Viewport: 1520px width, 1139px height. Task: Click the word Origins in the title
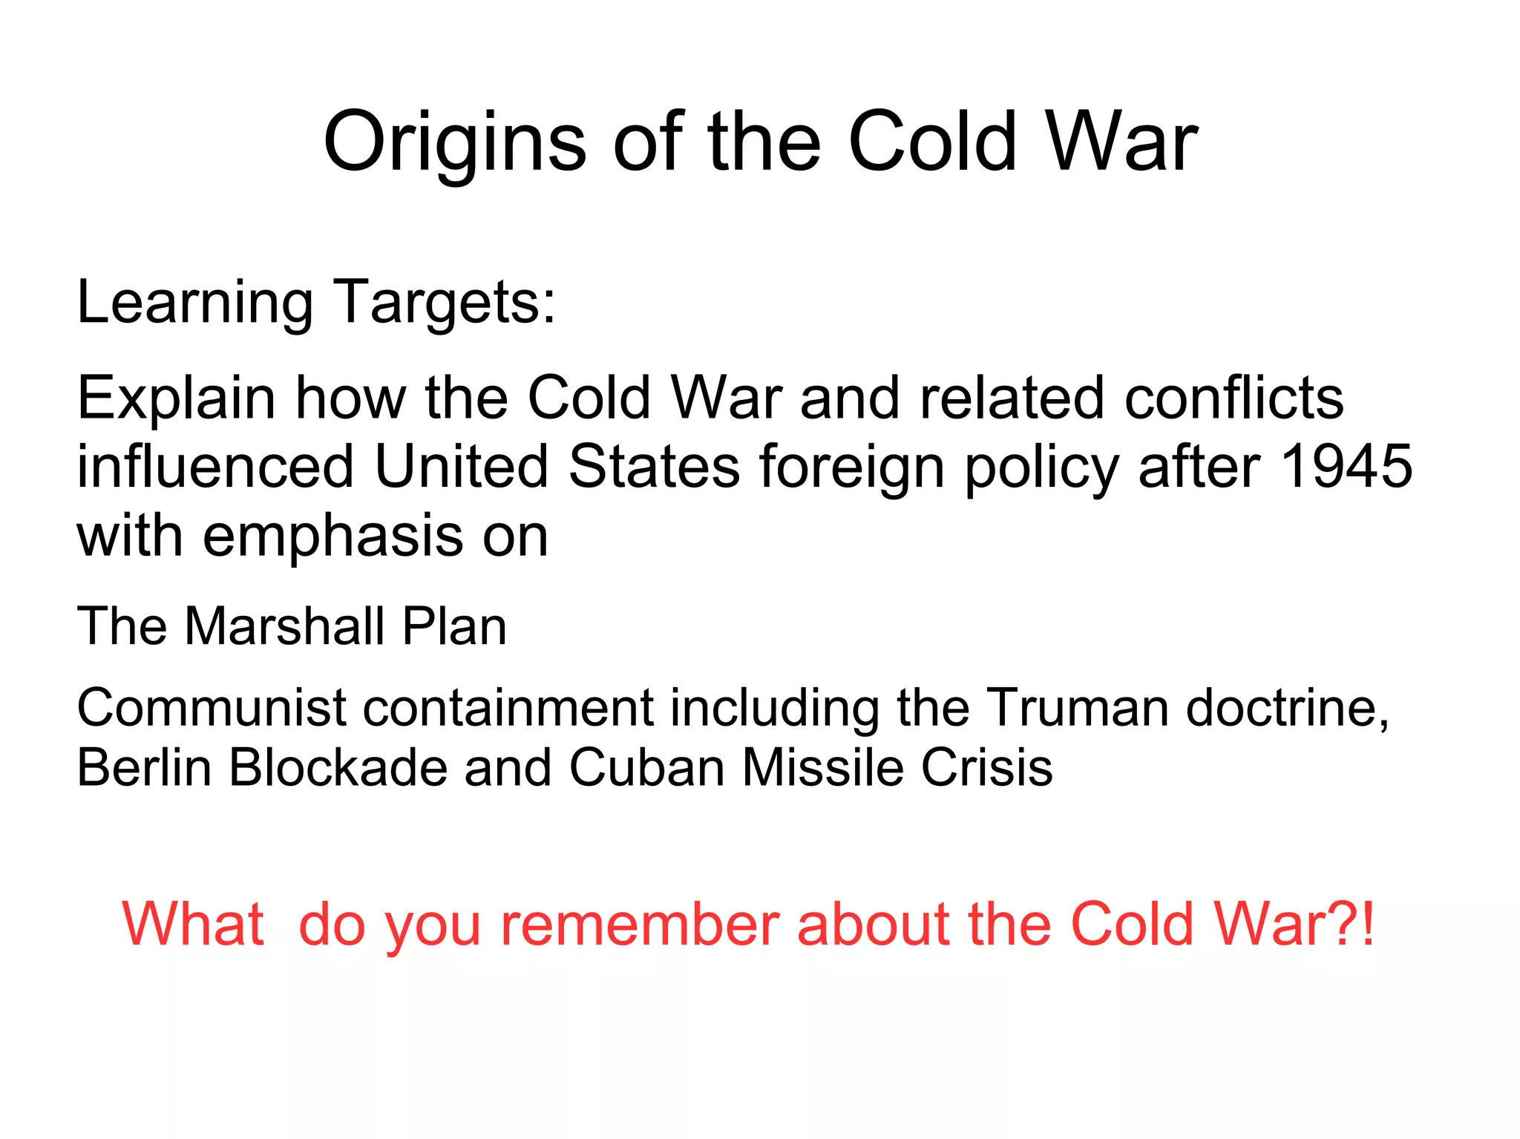click(x=455, y=142)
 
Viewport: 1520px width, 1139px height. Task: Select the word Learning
click(x=194, y=303)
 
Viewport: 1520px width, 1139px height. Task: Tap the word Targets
click(x=444, y=303)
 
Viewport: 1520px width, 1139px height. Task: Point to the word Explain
click(x=177, y=398)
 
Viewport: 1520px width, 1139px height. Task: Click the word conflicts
click(x=1234, y=398)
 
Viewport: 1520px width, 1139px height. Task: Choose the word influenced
click(x=215, y=467)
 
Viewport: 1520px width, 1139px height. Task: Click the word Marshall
click(x=284, y=627)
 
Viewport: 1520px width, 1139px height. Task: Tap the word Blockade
click(x=338, y=767)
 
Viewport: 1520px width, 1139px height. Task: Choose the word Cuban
click(x=646, y=767)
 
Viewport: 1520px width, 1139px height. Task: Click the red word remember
click(x=640, y=925)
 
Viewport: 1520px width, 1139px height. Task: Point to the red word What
click(x=193, y=925)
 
